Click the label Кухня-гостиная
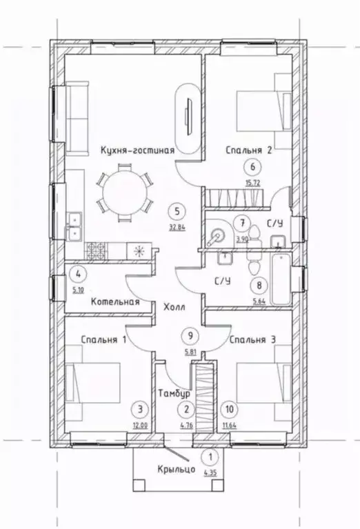point(138,150)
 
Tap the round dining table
point(125,192)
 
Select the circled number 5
point(177,212)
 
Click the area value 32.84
point(177,227)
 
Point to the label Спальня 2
point(249,150)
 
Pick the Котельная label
point(115,301)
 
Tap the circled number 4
point(78,274)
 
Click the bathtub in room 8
point(281,280)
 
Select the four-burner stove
point(96,251)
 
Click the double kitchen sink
point(74,226)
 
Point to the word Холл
point(174,308)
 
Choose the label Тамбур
point(174,393)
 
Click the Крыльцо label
point(176,469)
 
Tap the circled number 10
point(229,409)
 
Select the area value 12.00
point(141,426)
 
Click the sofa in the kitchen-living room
point(77,118)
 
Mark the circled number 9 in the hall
point(190,336)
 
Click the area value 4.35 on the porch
point(210,472)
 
